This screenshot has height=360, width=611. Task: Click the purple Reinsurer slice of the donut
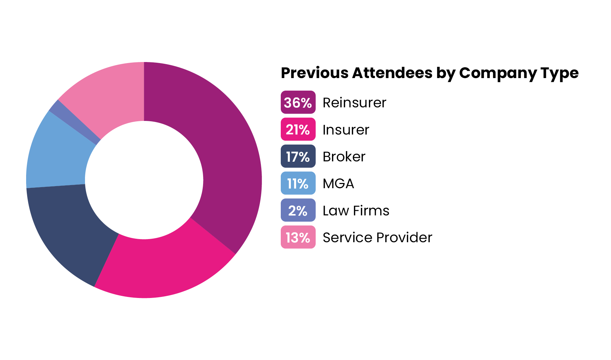[x=223, y=146]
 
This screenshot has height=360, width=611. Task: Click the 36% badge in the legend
[x=298, y=102]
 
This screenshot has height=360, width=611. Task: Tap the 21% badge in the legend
[x=298, y=130]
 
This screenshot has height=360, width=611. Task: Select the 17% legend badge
[x=298, y=156]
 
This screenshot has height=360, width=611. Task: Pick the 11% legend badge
[x=298, y=183]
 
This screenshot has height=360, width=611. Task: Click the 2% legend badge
[x=298, y=210]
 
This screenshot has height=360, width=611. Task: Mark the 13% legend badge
[x=298, y=237]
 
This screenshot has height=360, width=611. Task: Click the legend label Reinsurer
[x=354, y=103]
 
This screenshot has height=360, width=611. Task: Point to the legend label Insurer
[x=346, y=130]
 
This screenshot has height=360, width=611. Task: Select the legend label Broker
[x=344, y=157]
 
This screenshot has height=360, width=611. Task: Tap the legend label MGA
[x=338, y=184]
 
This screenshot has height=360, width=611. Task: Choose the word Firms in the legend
[x=371, y=210]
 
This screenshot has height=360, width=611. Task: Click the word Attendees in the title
[x=392, y=73]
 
